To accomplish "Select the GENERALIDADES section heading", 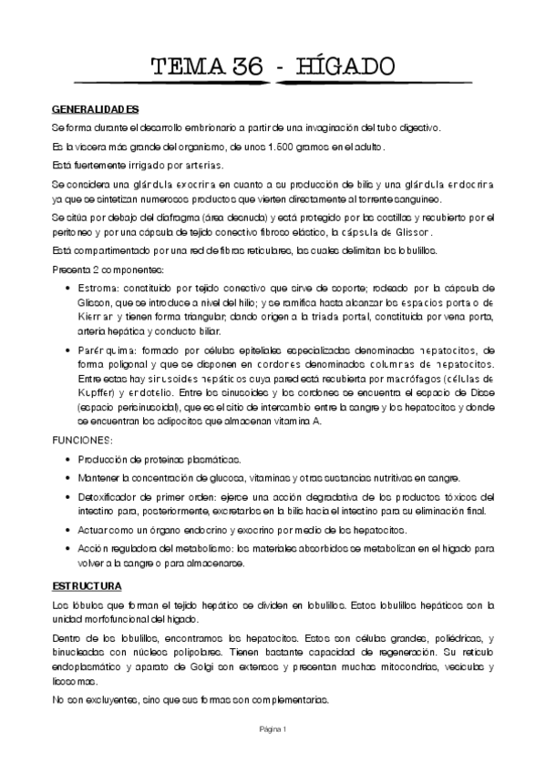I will click(95, 109).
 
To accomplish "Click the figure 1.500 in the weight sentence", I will click(298, 147).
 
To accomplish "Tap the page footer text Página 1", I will click(273, 728).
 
